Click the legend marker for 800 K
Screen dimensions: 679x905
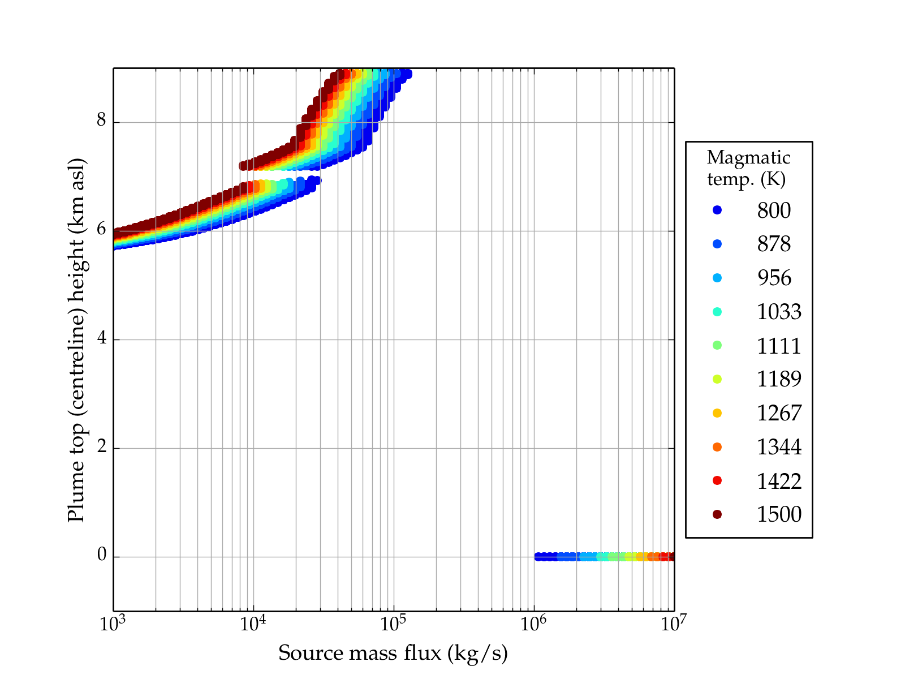pos(717,210)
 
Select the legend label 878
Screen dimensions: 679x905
pos(774,244)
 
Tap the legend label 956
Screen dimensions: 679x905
pos(774,278)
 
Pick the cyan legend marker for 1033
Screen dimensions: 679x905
pos(717,312)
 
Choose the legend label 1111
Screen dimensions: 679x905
pos(779,346)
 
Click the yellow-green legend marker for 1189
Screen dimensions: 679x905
pos(717,379)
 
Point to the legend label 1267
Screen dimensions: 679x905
pos(779,413)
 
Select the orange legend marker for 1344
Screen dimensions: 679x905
pos(717,447)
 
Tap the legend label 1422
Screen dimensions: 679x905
pos(779,481)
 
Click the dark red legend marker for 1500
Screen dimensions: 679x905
pos(717,514)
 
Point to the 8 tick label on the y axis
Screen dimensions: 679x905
pos(102,121)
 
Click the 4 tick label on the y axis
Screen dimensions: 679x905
pos(102,338)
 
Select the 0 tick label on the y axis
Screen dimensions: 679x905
pos(102,556)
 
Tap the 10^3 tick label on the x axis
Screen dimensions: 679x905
pos(113,624)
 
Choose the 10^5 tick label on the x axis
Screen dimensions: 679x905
pos(394,624)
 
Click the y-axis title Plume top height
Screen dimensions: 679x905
pos(76,339)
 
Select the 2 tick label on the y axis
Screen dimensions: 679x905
pos(102,447)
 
